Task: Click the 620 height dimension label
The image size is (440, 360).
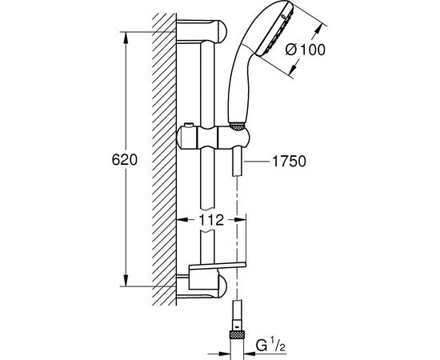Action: [x=125, y=160]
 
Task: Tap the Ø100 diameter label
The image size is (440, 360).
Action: [x=306, y=50]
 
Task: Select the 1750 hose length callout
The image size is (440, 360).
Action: [x=290, y=162]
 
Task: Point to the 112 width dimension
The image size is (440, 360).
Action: [x=211, y=220]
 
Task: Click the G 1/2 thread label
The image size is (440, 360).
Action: [x=270, y=345]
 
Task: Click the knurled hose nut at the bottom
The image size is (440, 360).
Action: [x=237, y=335]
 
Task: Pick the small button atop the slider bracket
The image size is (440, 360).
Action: [x=189, y=124]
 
